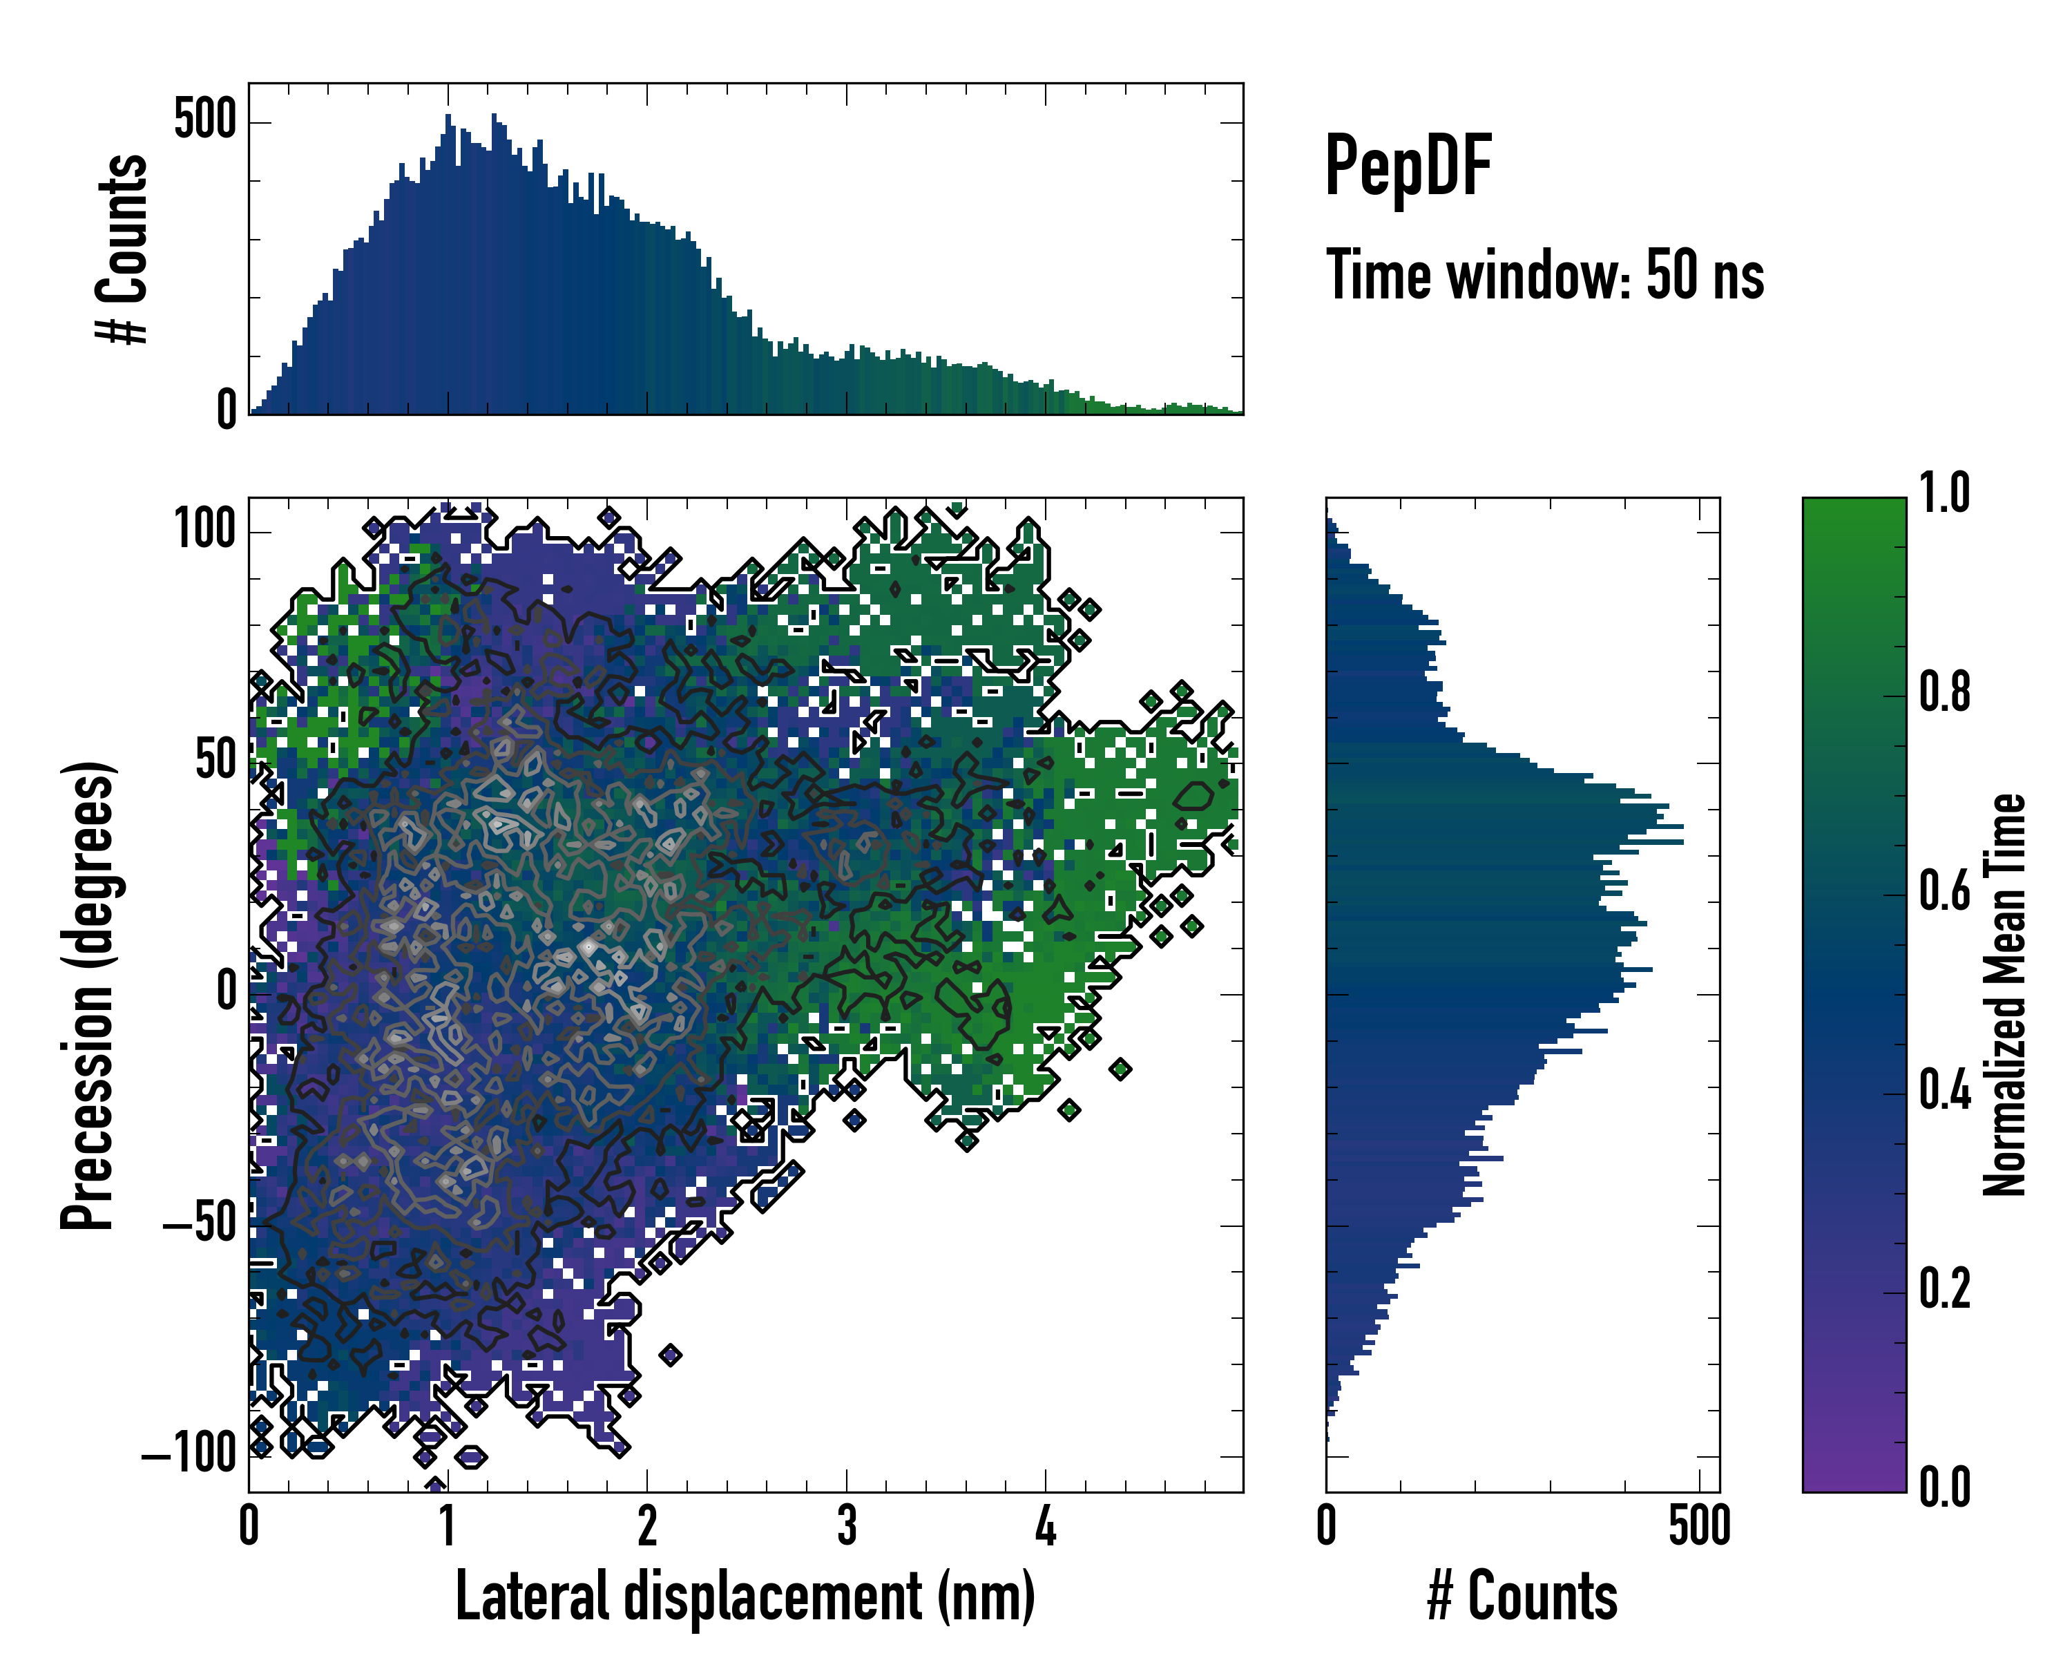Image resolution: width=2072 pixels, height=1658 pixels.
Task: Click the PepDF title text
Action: pos(1408,166)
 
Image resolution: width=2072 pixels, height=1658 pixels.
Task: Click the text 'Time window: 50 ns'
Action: pos(1544,276)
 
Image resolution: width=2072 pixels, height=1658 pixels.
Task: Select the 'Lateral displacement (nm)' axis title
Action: pos(745,1596)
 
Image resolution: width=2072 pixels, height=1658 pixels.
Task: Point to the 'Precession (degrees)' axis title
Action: pos(88,995)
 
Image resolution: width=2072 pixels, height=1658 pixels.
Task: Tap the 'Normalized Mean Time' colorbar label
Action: pos(2005,995)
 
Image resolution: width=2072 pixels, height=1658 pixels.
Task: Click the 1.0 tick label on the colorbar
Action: pos(1944,494)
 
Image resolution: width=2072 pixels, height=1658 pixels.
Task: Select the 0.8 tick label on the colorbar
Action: pos(1944,693)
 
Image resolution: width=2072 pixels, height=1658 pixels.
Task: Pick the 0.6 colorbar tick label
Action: pos(1944,892)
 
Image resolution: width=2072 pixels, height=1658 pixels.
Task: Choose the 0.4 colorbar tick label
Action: pos(1944,1091)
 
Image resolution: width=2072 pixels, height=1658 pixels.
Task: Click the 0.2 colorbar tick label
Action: pos(1944,1290)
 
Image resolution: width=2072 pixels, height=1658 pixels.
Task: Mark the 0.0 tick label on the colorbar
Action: pos(1944,1488)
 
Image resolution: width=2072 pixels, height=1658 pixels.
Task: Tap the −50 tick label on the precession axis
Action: pos(199,1225)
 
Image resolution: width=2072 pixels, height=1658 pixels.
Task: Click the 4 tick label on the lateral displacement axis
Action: pos(1046,1526)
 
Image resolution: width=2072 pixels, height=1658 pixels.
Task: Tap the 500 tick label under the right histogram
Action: pos(1699,1526)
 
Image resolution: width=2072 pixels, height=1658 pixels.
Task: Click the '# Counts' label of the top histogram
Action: pos(123,249)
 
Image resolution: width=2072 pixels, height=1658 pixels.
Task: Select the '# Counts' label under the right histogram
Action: pos(1522,1596)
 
